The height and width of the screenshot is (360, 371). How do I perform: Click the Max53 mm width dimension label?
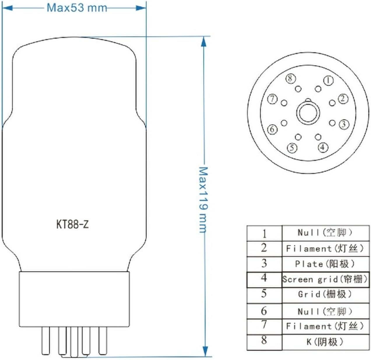[x=77, y=8]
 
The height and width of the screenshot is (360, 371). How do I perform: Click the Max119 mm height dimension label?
[x=203, y=200]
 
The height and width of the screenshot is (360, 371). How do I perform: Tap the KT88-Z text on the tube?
[x=72, y=224]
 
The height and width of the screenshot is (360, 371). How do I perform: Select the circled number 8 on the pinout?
[x=290, y=78]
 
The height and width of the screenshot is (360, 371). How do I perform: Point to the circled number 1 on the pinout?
[x=328, y=80]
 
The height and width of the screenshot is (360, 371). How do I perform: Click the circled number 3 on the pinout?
[x=344, y=124]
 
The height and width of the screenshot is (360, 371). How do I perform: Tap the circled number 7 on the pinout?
[x=272, y=99]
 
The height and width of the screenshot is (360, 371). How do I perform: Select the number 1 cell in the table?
[x=264, y=233]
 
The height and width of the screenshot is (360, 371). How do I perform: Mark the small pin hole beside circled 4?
[x=318, y=137]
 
